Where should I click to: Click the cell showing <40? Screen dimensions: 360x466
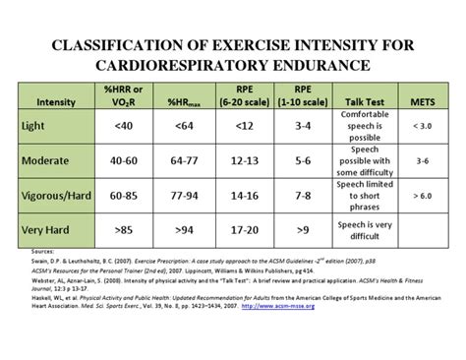coord(123,126)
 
